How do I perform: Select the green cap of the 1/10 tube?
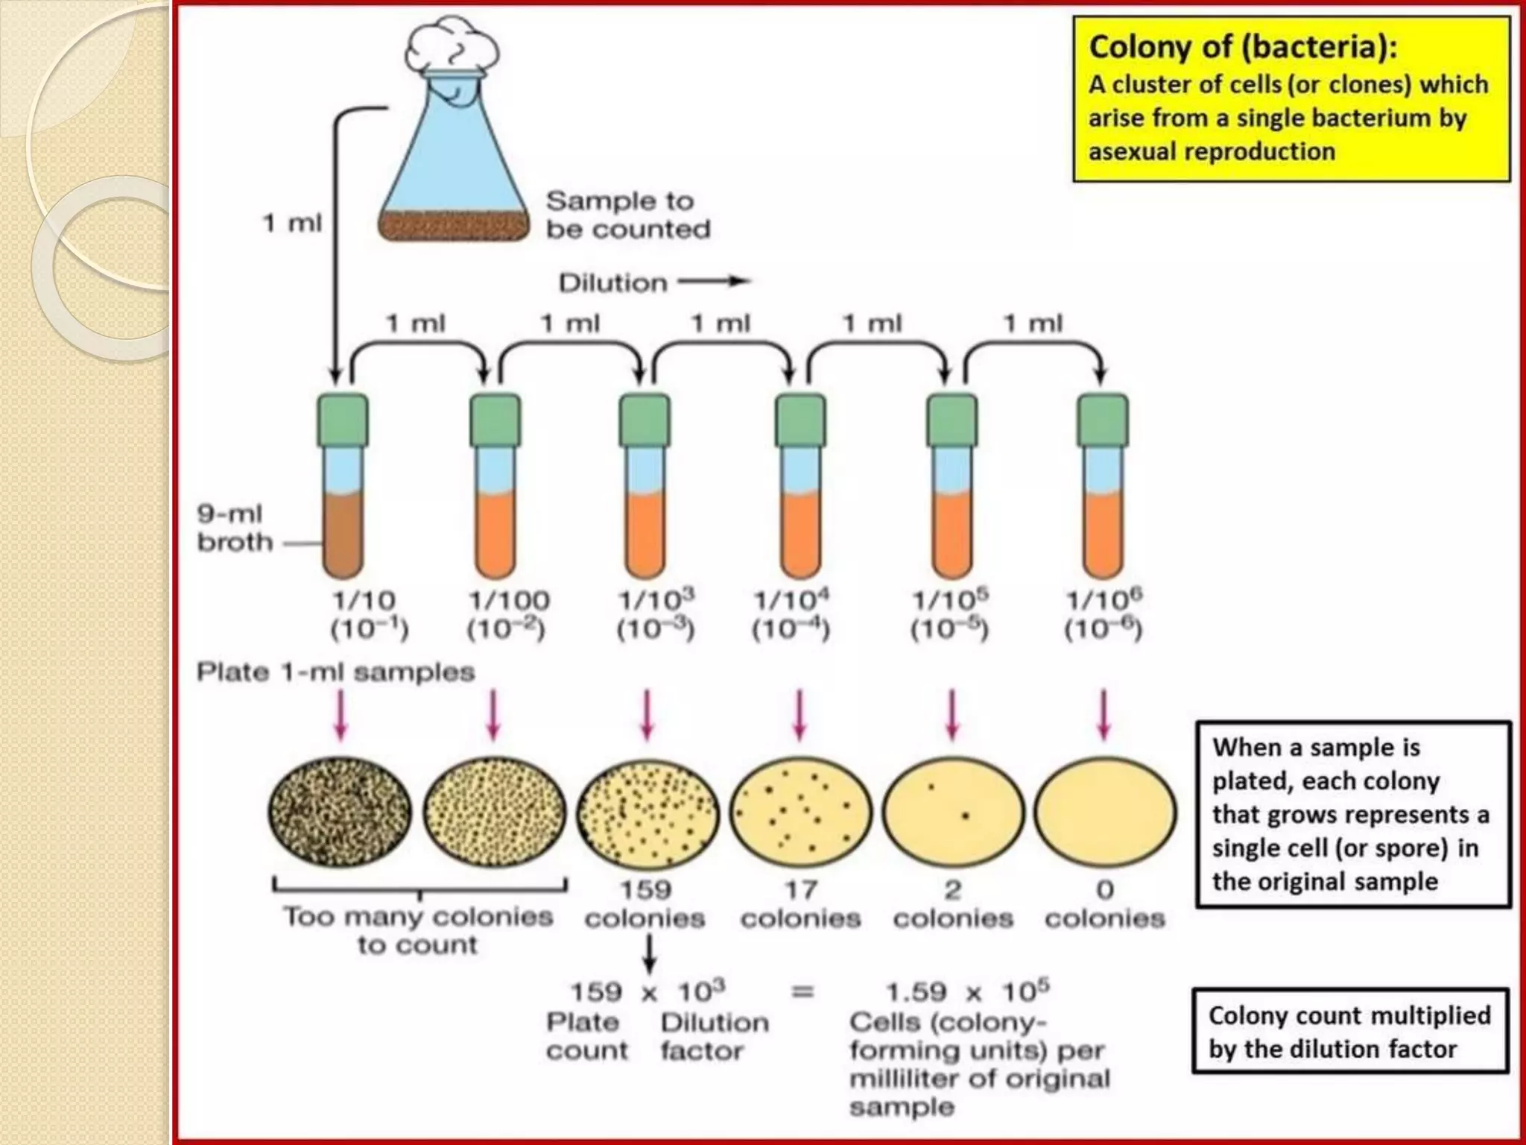(343, 421)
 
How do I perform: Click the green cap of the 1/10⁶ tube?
(1103, 421)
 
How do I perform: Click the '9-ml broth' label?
(234, 528)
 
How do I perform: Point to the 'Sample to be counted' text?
(628, 215)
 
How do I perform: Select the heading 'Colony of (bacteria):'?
(1243, 46)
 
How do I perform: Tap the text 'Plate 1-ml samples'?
(335, 672)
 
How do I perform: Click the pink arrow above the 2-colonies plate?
(952, 714)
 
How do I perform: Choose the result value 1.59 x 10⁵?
(967, 991)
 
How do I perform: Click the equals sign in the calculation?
(802, 993)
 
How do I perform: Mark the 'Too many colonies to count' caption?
(418, 930)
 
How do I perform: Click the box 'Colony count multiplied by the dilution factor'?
(1350, 1032)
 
